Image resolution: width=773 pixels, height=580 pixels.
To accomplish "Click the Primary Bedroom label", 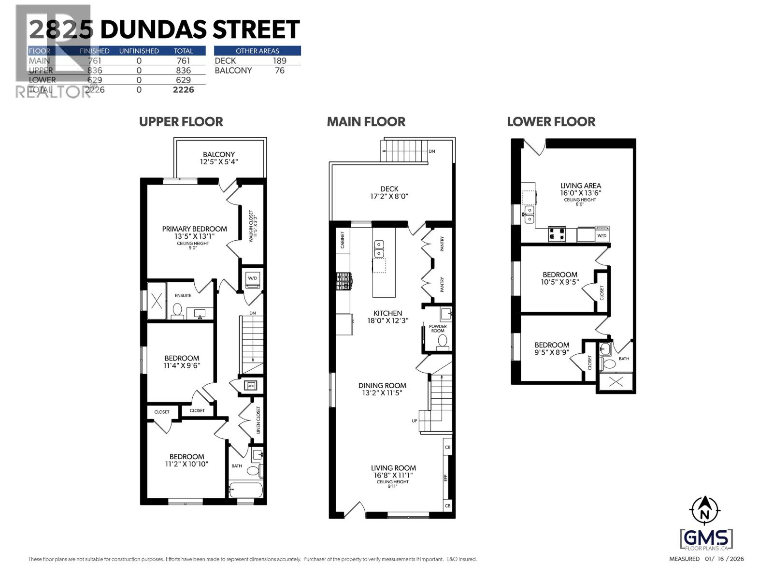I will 194,229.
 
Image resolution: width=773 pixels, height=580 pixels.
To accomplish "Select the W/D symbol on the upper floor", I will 252,279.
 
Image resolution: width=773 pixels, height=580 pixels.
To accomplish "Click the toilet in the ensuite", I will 177,311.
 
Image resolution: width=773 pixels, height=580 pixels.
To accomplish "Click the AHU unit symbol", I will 251,386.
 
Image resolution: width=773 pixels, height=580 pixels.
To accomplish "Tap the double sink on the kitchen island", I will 379,248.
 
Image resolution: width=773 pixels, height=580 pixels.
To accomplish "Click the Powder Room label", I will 438,329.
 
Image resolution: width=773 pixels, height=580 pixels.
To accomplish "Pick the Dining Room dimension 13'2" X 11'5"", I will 382,393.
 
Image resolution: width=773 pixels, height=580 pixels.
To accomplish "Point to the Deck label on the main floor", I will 389,189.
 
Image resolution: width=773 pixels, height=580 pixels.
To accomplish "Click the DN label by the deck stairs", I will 431,151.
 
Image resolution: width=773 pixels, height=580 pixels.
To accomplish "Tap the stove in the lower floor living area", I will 557,234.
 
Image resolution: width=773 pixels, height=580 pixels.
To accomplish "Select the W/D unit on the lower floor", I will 602,234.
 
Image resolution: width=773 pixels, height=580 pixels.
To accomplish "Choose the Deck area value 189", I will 279,61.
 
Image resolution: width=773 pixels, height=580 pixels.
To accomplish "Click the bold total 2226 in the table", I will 183,90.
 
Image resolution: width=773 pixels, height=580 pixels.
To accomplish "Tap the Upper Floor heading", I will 181,122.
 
